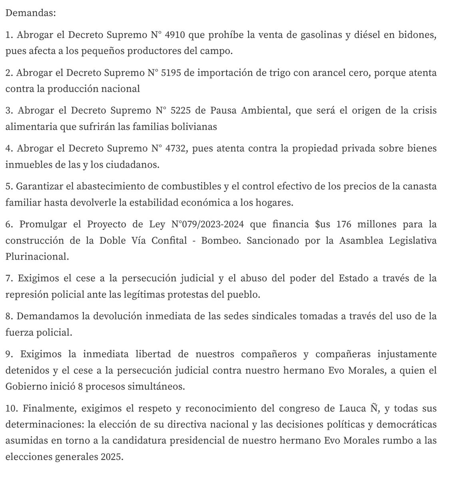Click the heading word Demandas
(x=31, y=13)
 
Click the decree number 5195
(x=172, y=73)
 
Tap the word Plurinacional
(x=37, y=257)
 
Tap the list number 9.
(x=8, y=354)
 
